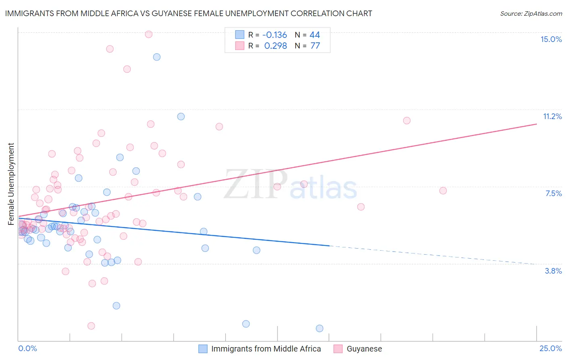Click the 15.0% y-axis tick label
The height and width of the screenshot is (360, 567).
pos(551,39)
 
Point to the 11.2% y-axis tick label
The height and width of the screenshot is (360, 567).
pos(552,116)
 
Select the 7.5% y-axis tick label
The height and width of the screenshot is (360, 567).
pos(553,193)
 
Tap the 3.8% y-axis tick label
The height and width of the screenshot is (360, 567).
pos(553,271)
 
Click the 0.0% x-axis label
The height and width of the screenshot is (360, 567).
pos(27,348)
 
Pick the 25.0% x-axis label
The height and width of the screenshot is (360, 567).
pos(550,348)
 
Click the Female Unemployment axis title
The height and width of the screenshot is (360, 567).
pos(11,184)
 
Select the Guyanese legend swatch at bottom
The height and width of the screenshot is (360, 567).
pos(338,349)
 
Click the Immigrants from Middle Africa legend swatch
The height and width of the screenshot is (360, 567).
pos(203,349)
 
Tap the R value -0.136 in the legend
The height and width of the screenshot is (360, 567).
pos(275,35)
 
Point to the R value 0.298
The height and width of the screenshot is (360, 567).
pos(275,46)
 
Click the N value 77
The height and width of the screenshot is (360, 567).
pos(315,46)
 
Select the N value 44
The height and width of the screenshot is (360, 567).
pos(315,35)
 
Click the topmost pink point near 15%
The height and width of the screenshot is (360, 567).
pos(148,34)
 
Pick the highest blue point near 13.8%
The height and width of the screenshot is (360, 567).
pos(156,57)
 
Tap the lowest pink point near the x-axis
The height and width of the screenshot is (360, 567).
pos(91,326)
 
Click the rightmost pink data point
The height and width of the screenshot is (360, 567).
pos(443,190)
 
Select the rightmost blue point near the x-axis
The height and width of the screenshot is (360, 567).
pos(319,329)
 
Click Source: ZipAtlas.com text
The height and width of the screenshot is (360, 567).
pos(531,13)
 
